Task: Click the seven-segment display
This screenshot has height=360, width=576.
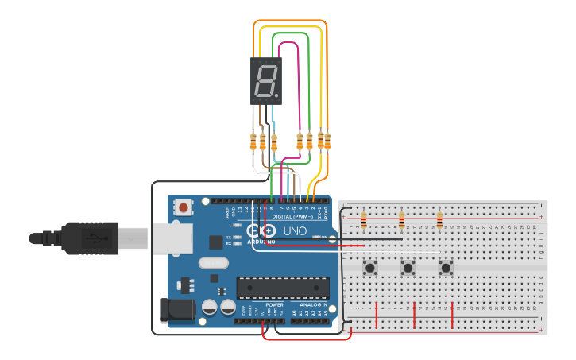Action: [266, 80]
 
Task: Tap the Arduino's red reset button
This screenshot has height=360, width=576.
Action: [184, 208]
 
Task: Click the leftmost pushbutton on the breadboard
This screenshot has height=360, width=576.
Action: [370, 268]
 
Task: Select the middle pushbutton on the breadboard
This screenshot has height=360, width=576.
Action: [408, 268]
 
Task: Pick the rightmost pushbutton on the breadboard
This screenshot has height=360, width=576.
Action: [446, 268]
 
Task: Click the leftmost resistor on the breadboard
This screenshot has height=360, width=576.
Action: [364, 220]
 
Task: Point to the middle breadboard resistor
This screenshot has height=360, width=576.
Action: [401, 220]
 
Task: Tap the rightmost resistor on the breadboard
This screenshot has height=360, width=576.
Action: [439, 220]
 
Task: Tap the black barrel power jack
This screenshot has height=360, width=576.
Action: [176, 311]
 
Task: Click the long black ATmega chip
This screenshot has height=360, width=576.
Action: [283, 288]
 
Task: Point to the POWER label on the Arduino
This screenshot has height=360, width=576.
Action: [274, 304]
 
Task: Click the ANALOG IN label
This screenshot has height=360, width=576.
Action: [313, 304]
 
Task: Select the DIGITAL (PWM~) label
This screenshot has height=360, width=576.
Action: [292, 215]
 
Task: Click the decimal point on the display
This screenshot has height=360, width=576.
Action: [278, 99]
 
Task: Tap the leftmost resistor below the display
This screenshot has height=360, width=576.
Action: [253, 142]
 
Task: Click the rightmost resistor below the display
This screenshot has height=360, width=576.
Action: [327, 141]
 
